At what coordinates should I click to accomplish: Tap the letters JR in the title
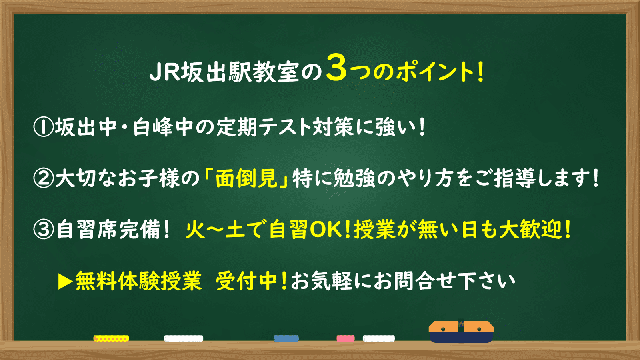164,72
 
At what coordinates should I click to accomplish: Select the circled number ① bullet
44,128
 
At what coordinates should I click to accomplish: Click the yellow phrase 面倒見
246,178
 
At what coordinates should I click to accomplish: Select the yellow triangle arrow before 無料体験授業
65,282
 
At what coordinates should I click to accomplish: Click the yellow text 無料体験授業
138,281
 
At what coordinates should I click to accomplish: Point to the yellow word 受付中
248,281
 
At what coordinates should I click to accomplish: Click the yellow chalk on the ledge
111,338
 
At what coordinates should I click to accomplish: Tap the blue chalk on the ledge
286,338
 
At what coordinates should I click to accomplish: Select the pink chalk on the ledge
346,338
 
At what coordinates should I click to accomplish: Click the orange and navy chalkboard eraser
461,332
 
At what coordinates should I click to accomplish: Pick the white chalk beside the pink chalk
379,338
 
